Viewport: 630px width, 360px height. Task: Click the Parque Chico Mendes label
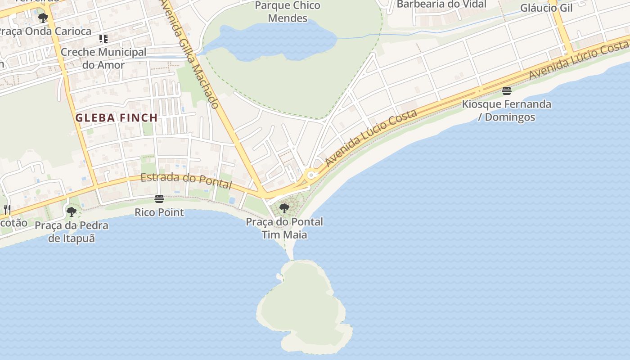288,12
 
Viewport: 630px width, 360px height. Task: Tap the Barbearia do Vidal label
441,4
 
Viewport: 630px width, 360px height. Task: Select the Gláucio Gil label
546,8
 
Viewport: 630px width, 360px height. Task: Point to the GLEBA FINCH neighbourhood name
117,118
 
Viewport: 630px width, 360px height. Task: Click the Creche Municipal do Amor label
103,58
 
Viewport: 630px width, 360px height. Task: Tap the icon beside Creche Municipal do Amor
103,39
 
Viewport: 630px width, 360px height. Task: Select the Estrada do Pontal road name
186,181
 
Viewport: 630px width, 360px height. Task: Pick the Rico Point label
159,212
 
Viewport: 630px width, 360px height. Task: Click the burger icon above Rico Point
159,199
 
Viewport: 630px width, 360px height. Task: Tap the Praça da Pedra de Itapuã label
72,232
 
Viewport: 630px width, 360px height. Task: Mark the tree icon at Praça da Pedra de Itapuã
71,211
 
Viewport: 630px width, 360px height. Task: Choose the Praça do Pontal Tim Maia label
284,228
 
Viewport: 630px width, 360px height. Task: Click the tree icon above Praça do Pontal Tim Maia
284,208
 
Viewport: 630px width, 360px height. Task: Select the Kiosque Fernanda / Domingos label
507,111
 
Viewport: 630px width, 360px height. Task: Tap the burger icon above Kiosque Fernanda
507,91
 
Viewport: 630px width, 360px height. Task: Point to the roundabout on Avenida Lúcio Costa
310,174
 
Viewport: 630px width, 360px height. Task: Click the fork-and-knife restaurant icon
7,209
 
